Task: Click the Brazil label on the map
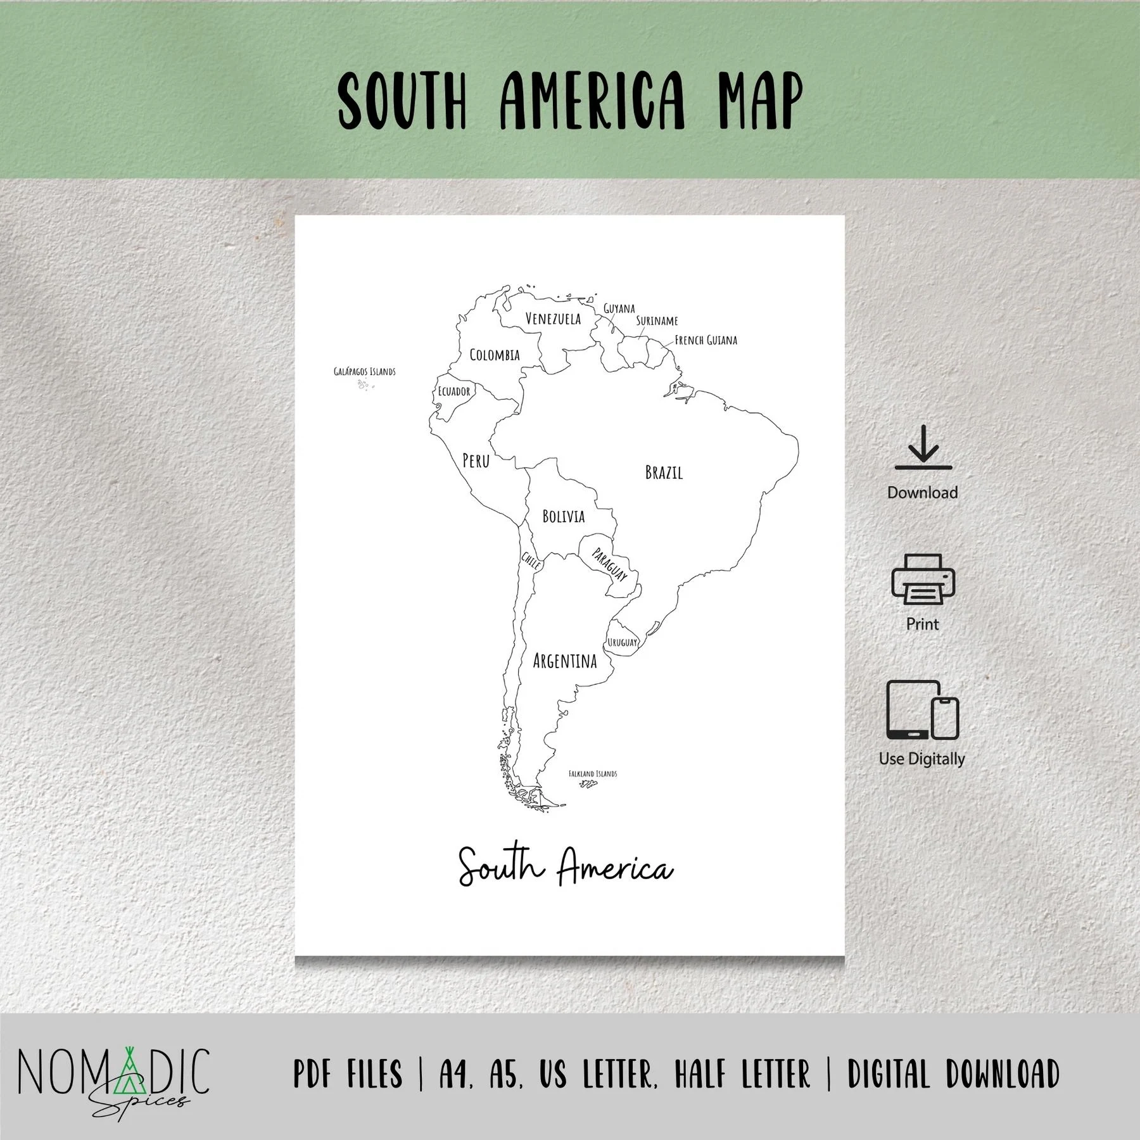[x=664, y=472]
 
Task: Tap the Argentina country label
[x=565, y=661]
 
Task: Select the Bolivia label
[x=563, y=516]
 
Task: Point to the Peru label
[x=476, y=460]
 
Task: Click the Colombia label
[x=495, y=355]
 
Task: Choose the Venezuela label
[x=553, y=318]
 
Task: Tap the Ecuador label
[x=454, y=391]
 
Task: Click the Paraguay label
[x=609, y=564]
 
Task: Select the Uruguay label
[x=623, y=642]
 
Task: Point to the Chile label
[x=531, y=560]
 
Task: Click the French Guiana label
[x=706, y=340]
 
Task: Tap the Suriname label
[x=657, y=320]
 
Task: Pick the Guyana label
[x=619, y=308]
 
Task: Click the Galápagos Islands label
[x=365, y=372]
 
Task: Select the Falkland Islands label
[x=592, y=773]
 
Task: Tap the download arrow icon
[x=923, y=447]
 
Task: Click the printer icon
[x=923, y=579]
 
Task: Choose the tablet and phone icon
[x=922, y=710]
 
